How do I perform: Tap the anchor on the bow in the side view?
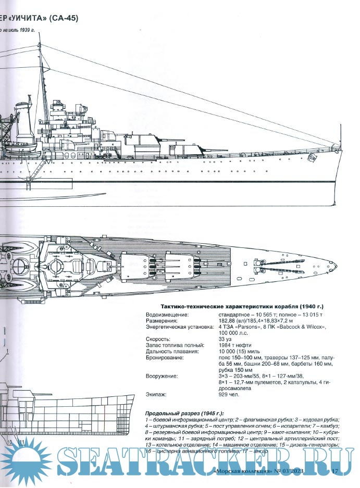313,157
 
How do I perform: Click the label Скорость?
158,339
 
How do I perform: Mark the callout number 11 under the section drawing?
22,442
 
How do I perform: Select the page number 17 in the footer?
335,471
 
